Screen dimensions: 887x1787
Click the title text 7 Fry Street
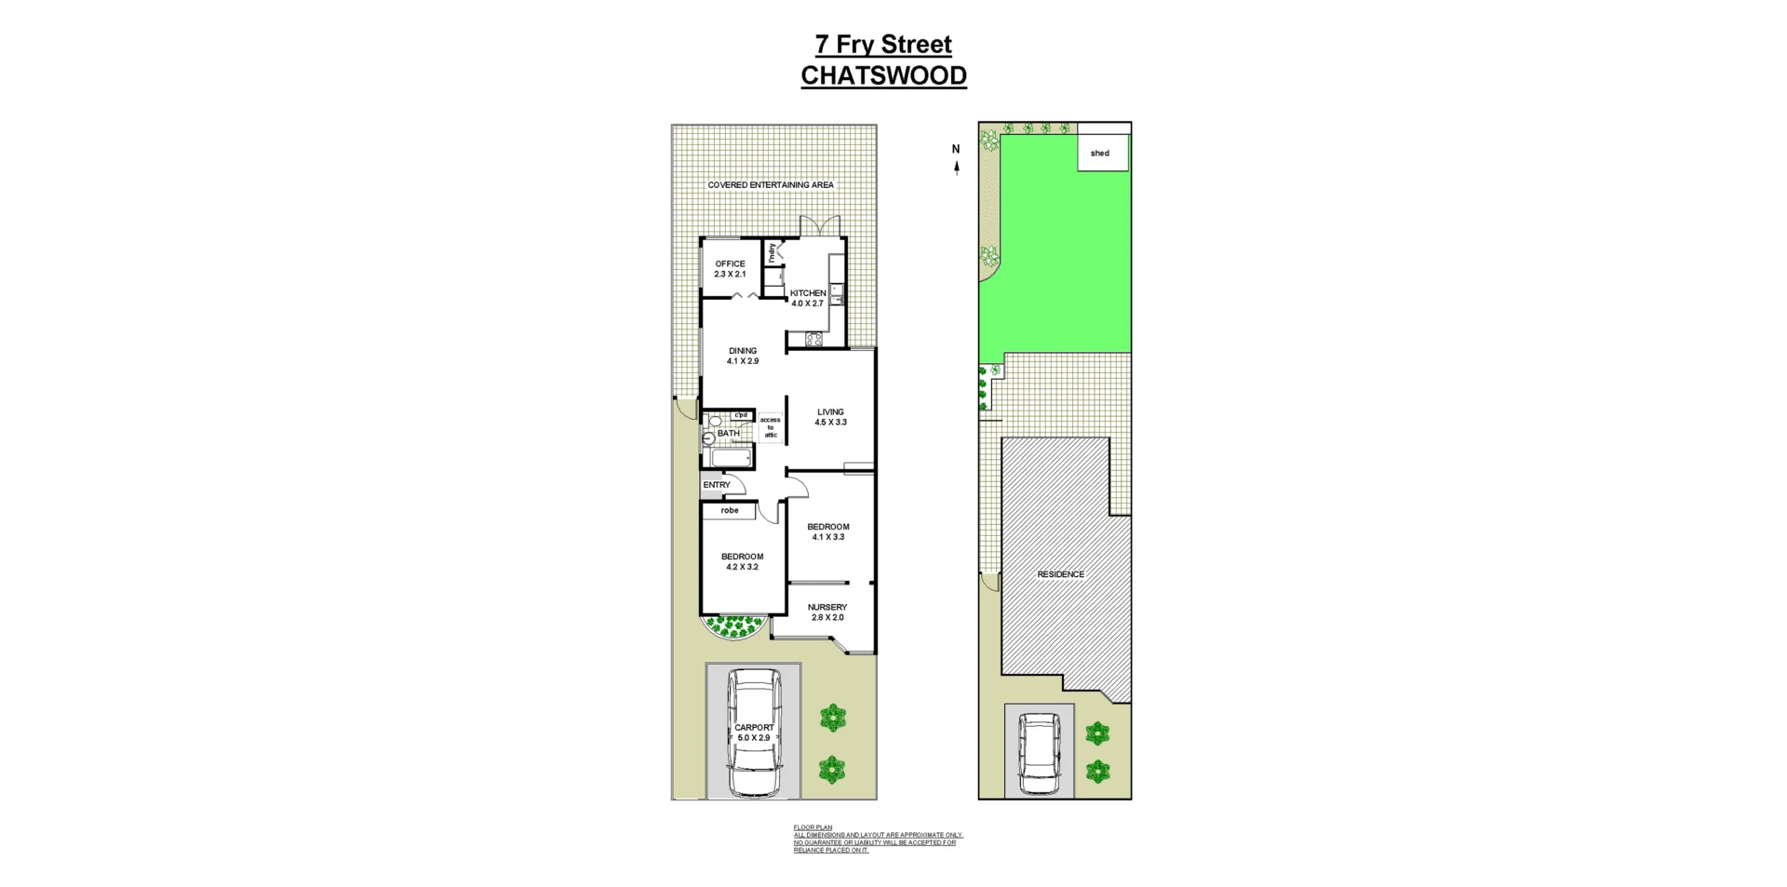[x=883, y=45]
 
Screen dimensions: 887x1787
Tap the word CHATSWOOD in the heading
[x=883, y=75]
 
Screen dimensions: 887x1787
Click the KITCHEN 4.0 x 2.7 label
[x=807, y=298]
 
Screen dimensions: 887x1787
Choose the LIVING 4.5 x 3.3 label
[x=830, y=417]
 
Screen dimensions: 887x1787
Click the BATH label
[x=728, y=434]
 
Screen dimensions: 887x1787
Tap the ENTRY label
[x=717, y=485]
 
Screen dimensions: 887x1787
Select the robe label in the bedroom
[x=730, y=511]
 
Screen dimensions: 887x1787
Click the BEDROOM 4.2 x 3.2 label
[x=742, y=561]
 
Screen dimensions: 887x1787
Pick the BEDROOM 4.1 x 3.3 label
[x=827, y=531]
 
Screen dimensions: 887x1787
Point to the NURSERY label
[x=826, y=612]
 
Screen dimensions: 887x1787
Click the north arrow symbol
[x=956, y=168]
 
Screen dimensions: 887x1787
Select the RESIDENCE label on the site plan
[x=1060, y=574]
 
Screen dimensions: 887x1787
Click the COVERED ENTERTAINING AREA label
[x=771, y=185]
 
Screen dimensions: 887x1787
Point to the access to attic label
[x=771, y=427]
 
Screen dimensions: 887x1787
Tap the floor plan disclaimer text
[x=878, y=839]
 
